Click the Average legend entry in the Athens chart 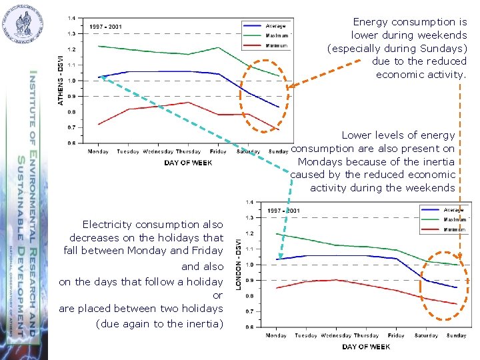[x=275, y=26]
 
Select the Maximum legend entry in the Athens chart [x=277, y=36]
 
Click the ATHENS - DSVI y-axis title [x=61, y=80]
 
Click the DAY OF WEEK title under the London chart [x=365, y=347]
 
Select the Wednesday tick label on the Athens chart [x=157, y=152]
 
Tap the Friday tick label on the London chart [x=396, y=335]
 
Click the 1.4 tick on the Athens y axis [x=71, y=18]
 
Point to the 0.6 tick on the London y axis [x=249, y=327]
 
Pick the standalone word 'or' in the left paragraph [x=217, y=295]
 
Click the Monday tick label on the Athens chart [x=98, y=152]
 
